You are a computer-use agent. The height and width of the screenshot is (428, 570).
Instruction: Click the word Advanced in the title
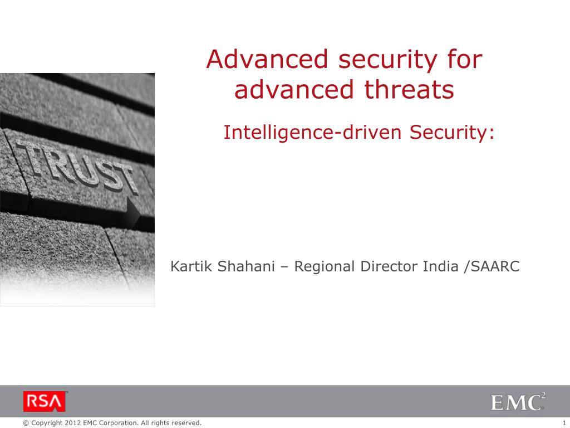click(267, 59)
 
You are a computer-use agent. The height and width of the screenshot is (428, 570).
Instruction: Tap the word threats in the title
click(409, 89)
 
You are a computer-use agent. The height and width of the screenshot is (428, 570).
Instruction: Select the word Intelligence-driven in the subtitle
click(312, 133)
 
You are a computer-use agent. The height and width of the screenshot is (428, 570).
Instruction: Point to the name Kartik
click(191, 266)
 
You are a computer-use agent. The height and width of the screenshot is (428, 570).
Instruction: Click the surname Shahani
click(246, 266)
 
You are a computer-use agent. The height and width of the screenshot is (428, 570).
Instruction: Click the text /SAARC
click(492, 266)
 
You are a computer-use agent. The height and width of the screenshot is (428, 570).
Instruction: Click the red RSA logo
click(45, 401)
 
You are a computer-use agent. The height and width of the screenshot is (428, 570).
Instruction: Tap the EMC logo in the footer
click(518, 402)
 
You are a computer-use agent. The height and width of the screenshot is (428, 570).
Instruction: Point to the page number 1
click(564, 423)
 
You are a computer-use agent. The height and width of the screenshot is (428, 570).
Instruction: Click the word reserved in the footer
click(185, 423)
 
